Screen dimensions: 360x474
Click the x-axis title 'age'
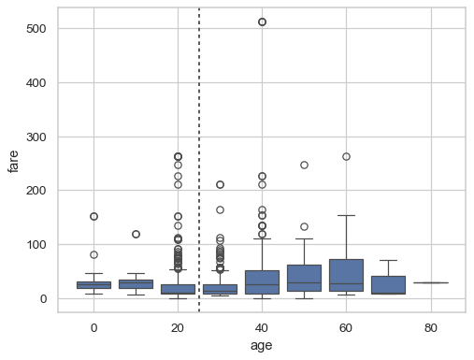[262, 345]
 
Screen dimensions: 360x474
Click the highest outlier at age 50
[304, 166]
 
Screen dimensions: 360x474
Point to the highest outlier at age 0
[93, 216]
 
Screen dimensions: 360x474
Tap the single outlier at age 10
[136, 234]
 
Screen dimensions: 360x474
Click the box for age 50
[304, 278]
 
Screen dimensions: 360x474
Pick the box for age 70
[388, 284]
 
